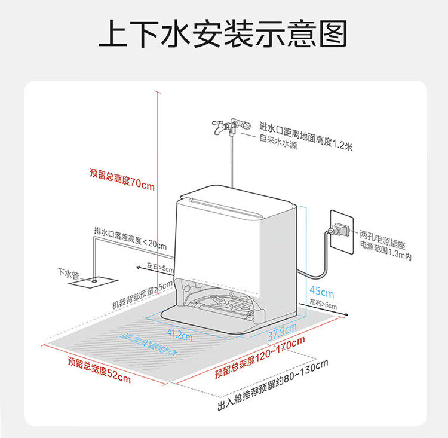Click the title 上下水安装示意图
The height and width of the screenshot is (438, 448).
(x=223, y=34)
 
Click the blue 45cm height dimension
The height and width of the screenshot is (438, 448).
(x=322, y=293)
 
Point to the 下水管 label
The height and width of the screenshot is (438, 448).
(x=67, y=272)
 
